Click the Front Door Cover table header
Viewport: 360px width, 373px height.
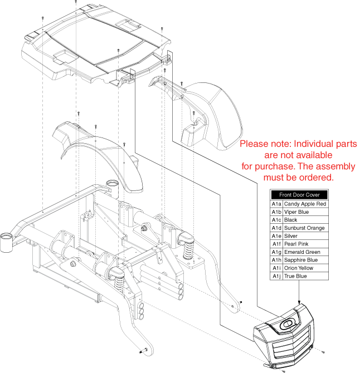[x=299, y=195]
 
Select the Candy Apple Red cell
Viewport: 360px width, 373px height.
[x=305, y=204]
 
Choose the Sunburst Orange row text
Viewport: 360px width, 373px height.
[x=304, y=228]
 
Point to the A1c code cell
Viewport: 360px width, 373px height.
[x=276, y=220]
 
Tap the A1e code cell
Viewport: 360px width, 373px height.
[x=276, y=236]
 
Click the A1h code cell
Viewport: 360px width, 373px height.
[x=276, y=260]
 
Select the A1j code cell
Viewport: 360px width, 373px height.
[x=276, y=276]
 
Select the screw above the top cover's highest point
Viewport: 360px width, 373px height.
[x=76, y=2]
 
